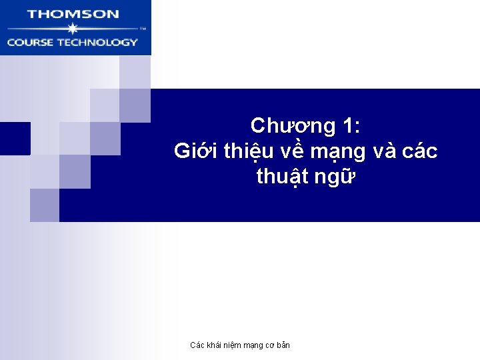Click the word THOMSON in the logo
(73, 13)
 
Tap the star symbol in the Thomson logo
(73, 29)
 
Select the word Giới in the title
(195, 151)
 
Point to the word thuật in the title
(281, 177)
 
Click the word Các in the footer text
(197, 345)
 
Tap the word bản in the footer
(283, 345)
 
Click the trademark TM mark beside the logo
(143, 29)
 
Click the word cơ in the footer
(269, 345)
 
